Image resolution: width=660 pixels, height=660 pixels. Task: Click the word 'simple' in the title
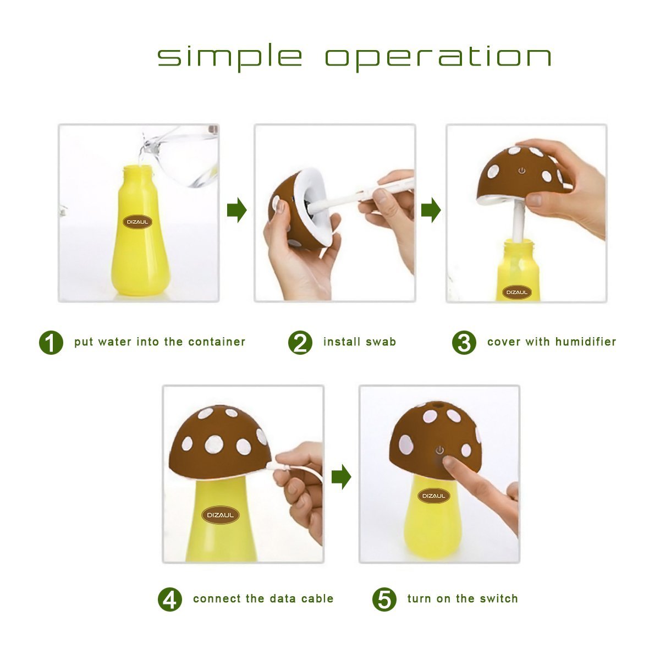pos(229,57)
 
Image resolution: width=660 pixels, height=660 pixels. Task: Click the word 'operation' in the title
pos(438,57)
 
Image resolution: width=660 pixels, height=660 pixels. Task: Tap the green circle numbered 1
pos(51,342)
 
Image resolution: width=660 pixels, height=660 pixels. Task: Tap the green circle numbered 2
pos(300,342)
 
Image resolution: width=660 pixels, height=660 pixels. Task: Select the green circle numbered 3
pos(464,342)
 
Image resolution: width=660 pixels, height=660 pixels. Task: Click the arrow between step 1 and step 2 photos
pos(237,210)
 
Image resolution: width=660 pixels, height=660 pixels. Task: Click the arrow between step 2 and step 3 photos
pos(431,210)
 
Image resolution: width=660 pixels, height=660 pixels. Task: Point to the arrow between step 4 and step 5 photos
pos(341,476)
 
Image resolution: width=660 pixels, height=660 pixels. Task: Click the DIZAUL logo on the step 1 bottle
pos(137,222)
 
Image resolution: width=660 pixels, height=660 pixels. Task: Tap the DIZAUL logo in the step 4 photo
pos(220,515)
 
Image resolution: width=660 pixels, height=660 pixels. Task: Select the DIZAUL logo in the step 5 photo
pos(433,496)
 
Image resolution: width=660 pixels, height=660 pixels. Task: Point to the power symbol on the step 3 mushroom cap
pos(521,170)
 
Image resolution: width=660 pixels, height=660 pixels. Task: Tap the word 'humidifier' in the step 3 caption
pos(586,342)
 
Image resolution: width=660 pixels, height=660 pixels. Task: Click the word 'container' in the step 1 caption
pos(217,342)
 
